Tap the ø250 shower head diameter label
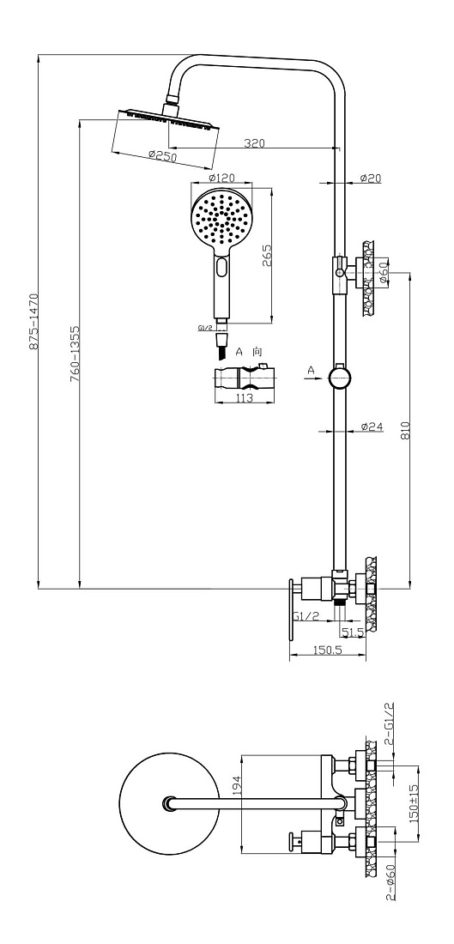pos(162,156)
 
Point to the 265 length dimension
pos(268,255)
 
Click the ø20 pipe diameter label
pos(371,179)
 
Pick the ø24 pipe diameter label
pos(372,427)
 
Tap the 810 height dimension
pos(405,430)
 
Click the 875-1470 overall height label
pos(33,322)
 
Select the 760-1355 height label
pos(75,354)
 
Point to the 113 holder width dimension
pos(244,398)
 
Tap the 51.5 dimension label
pos(353,632)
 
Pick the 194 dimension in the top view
pos(237,785)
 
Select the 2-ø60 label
pos(390,882)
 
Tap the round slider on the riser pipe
pos(340,378)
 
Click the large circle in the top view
pos(169,804)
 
